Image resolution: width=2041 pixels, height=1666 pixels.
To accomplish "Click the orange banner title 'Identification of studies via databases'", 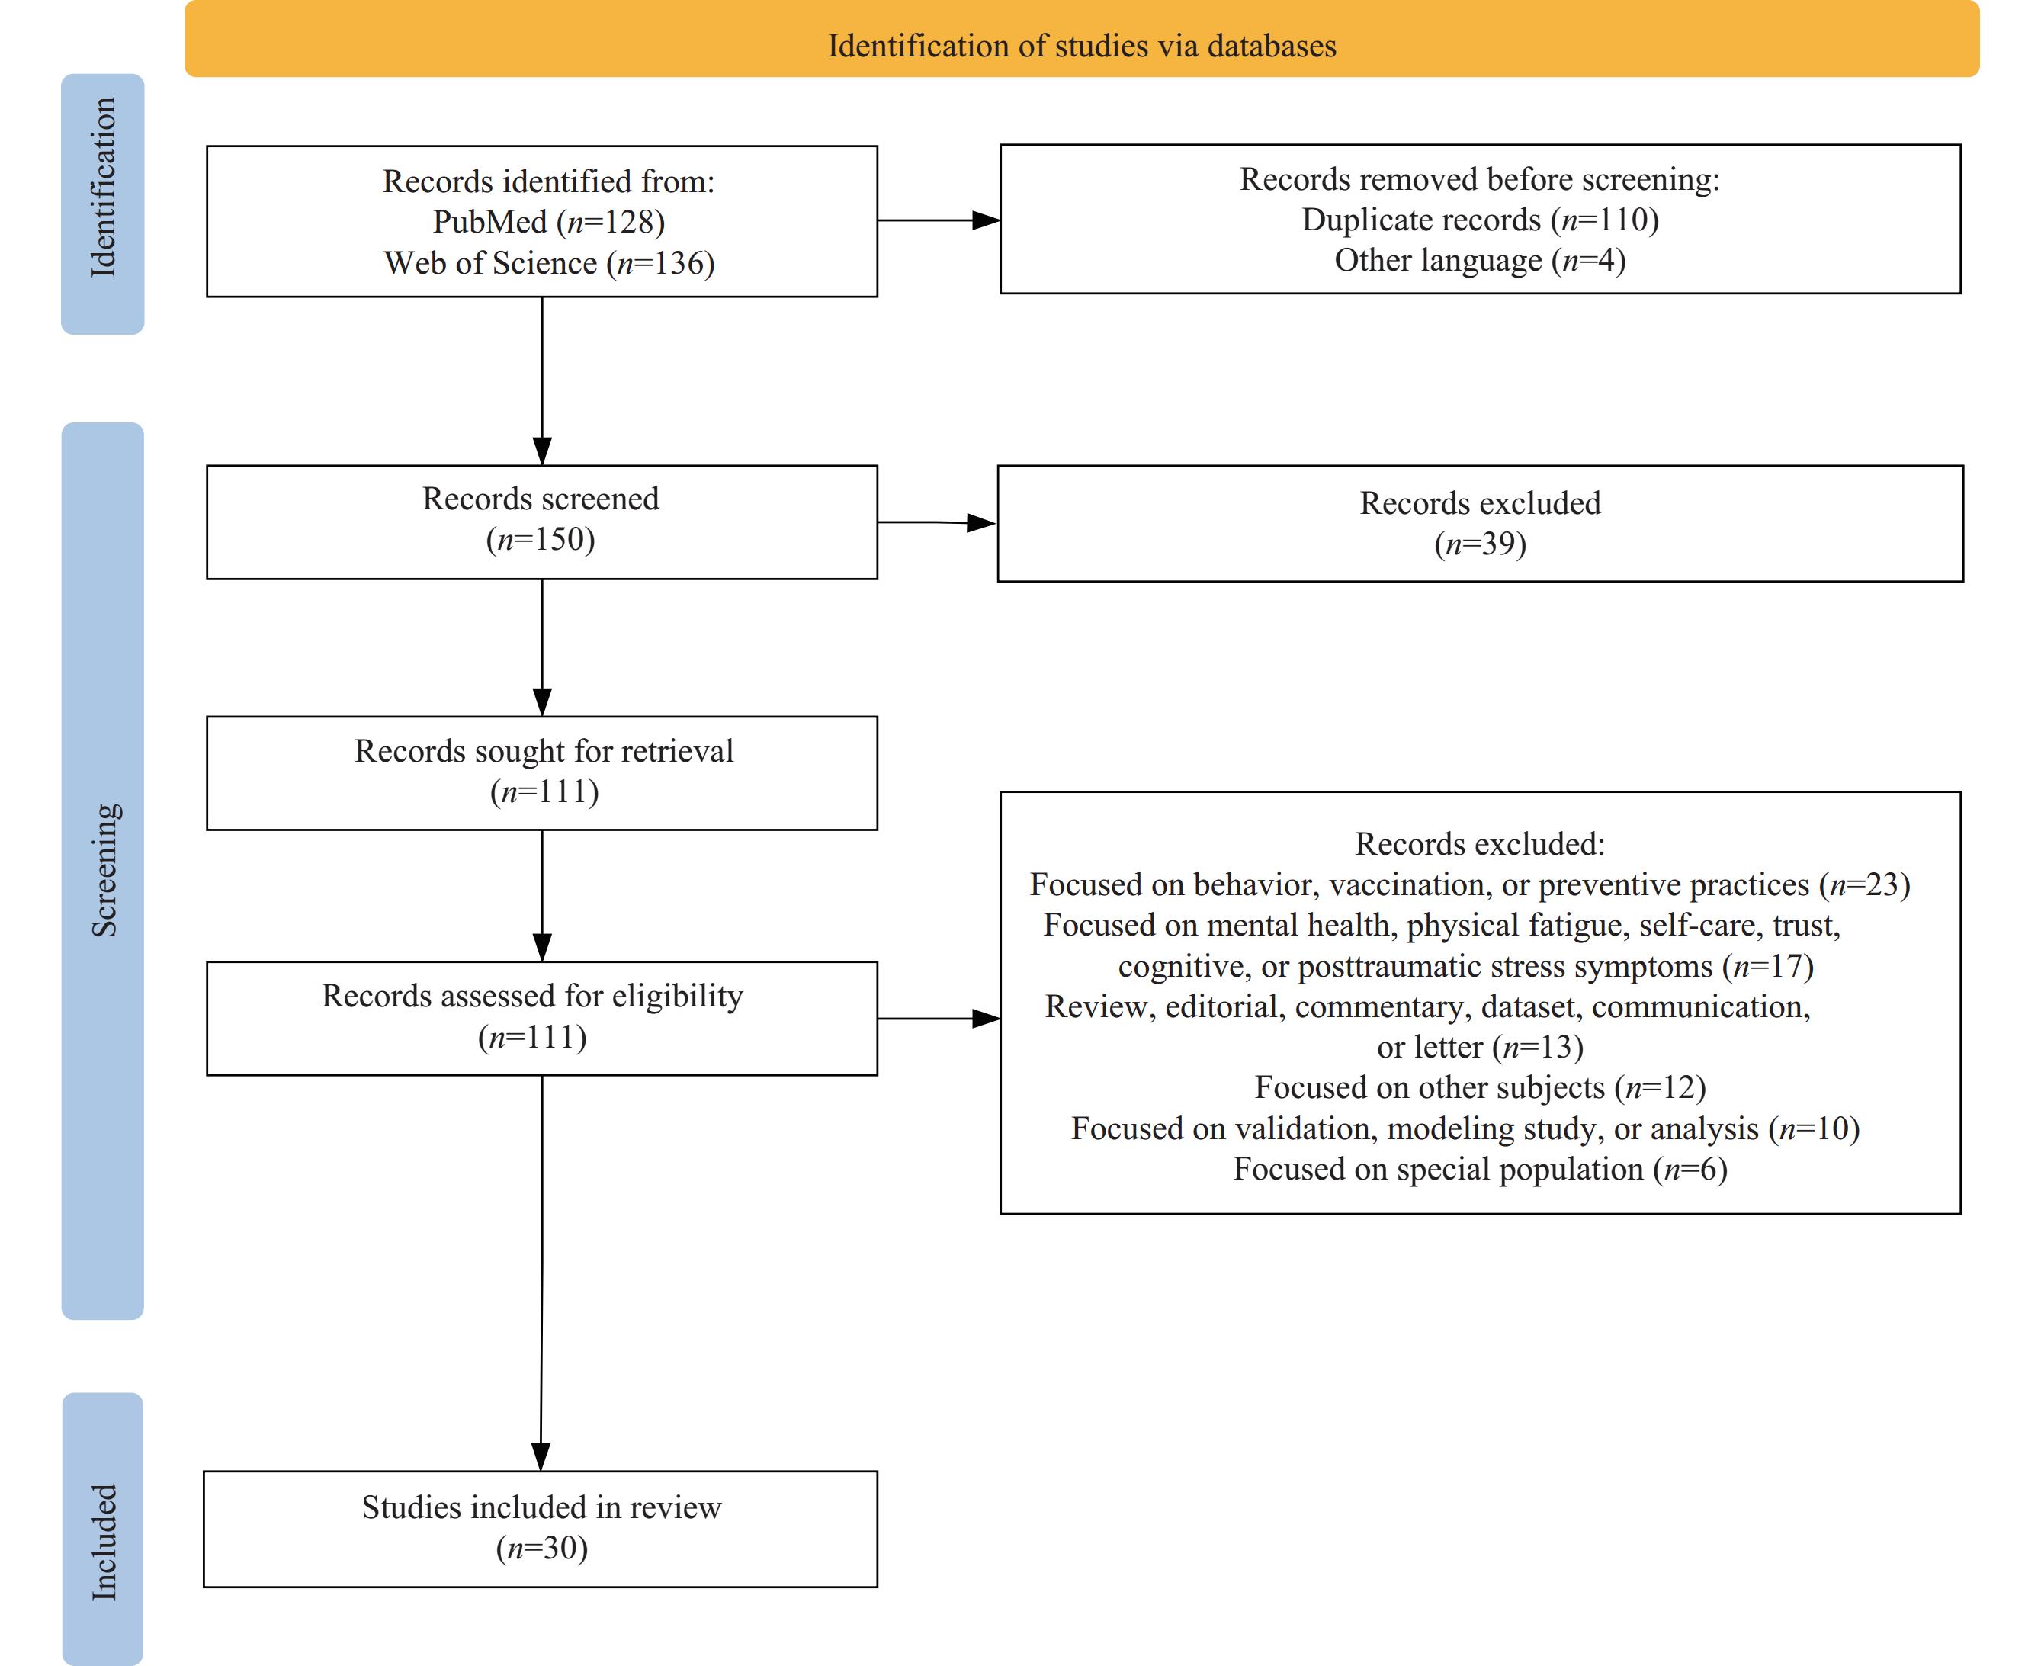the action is pyautogui.click(x=1081, y=46).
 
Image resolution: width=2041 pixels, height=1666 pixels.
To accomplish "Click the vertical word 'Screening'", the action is pyautogui.click(x=104, y=869).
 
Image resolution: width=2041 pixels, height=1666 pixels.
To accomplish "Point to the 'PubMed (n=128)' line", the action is pyautogui.click(x=549, y=222).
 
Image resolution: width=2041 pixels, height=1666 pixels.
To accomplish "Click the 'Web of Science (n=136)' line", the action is pyautogui.click(x=549, y=263).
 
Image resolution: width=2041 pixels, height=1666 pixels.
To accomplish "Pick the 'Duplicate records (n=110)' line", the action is pyautogui.click(x=1480, y=220).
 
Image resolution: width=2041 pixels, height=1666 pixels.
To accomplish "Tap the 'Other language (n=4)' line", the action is pyautogui.click(x=1480, y=260).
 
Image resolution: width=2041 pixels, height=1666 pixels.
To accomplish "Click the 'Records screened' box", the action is pyautogui.click(x=542, y=522).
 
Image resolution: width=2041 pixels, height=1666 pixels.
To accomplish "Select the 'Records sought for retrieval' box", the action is pyautogui.click(x=542, y=773).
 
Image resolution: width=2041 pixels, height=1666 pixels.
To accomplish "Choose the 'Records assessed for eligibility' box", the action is pyautogui.click(x=542, y=1018).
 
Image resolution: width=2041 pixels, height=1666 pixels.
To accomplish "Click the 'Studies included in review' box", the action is pyautogui.click(x=541, y=1530).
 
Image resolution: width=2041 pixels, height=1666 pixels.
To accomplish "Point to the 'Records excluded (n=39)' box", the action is pyautogui.click(x=1481, y=524).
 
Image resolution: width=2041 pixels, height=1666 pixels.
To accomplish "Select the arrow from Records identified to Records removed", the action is pyautogui.click(x=939, y=220).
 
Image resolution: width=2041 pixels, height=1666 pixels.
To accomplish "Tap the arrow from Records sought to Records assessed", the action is pyautogui.click(x=542, y=895).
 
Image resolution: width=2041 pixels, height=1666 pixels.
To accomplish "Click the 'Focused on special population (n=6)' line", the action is pyautogui.click(x=1480, y=1169).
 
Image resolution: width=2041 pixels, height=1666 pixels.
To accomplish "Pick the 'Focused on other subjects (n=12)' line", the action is pyautogui.click(x=1480, y=1087).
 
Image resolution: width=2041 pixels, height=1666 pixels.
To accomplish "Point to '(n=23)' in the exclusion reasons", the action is pyautogui.click(x=1864, y=884).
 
